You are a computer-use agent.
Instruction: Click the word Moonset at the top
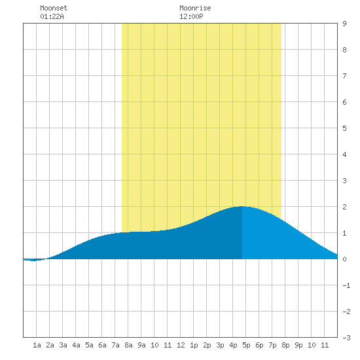click(54, 8)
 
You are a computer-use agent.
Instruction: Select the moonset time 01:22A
click(52, 16)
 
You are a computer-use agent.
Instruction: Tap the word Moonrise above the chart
click(195, 8)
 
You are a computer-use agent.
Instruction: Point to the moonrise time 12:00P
click(191, 16)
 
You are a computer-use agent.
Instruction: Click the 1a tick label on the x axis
click(37, 345)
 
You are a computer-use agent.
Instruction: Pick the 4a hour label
click(76, 345)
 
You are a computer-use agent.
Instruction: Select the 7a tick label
click(115, 345)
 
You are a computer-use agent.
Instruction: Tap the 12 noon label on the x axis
click(181, 345)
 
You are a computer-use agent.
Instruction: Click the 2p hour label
click(207, 345)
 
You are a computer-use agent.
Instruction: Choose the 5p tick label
click(246, 345)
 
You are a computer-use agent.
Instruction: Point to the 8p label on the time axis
click(285, 345)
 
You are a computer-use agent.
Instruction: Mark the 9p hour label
click(298, 345)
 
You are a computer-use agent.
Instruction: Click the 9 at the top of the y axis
click(344, 24)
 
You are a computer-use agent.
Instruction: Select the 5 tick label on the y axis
click(344, 128)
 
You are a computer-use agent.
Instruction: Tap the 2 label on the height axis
click(344, 207)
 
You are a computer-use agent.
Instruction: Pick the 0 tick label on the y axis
click(344, 259)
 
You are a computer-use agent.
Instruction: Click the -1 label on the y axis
click(346, 285)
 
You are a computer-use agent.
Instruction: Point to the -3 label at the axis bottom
click(346, 338)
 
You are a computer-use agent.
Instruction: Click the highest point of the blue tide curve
click(242, 206)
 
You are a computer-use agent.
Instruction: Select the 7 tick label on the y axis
click(344, 76)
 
